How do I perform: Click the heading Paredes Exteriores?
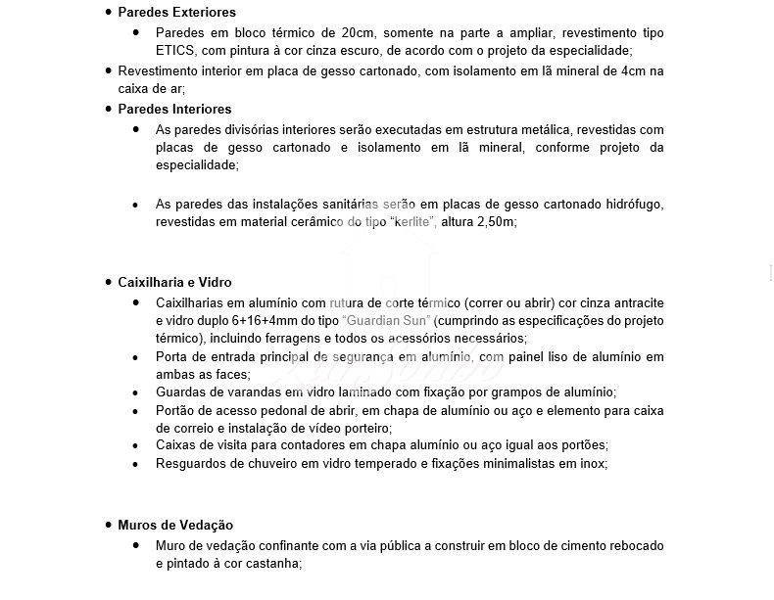point(176,13)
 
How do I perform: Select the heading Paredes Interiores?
point(174,109)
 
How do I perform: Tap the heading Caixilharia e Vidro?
point(174,282)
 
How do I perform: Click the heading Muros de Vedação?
point(175,526)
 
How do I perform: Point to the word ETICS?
point(174,50)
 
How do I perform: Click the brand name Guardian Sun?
point(388,320)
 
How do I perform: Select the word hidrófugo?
point(633,204)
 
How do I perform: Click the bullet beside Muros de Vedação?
point(108,526)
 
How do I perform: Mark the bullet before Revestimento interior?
point(108,71)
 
